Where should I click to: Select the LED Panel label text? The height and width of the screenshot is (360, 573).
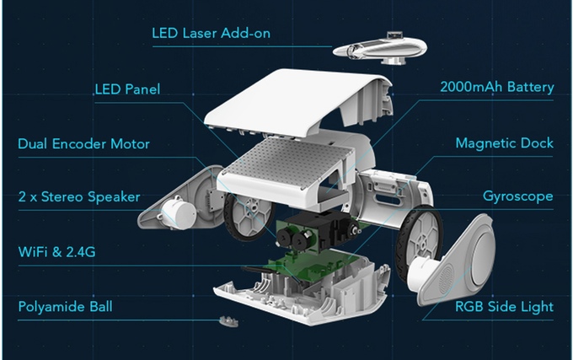coord(126,89)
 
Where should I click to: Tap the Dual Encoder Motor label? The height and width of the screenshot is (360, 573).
coord(83,143)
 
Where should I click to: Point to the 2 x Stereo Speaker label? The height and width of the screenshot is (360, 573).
coord(78,197)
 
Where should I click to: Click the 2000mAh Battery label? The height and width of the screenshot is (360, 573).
coord(496,88)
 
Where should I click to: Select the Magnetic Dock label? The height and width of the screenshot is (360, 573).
coord(504,143)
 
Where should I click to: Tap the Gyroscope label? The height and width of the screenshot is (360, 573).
coord(517,197)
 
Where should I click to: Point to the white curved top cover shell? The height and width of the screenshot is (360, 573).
coord(320,101)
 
